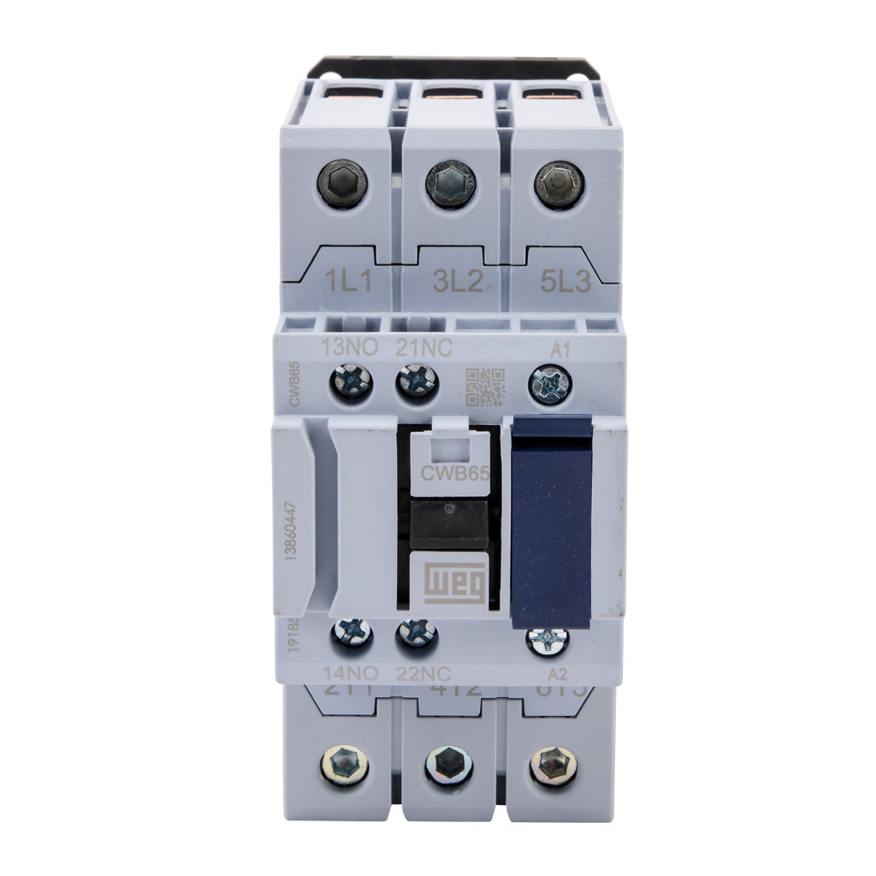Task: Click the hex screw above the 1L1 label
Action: pyautogui.click(x=341, y=184)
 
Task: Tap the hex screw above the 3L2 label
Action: pyautogui.click(x=449, y=184)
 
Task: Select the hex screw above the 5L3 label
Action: pyautogui.click(x=558, y=184)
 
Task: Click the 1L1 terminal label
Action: pyautogui.click(x=349, y=281)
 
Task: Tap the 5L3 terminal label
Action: pyautogui.click(x=565, y=281)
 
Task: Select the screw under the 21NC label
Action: pyautogui.click(x=417, y=382)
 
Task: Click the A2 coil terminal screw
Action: pyautogui.click(x=547, y=640)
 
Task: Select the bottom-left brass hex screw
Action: pyautogui.click(x=345, y=765)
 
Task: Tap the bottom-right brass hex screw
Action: pyautogui.click(x=553, y=765)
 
